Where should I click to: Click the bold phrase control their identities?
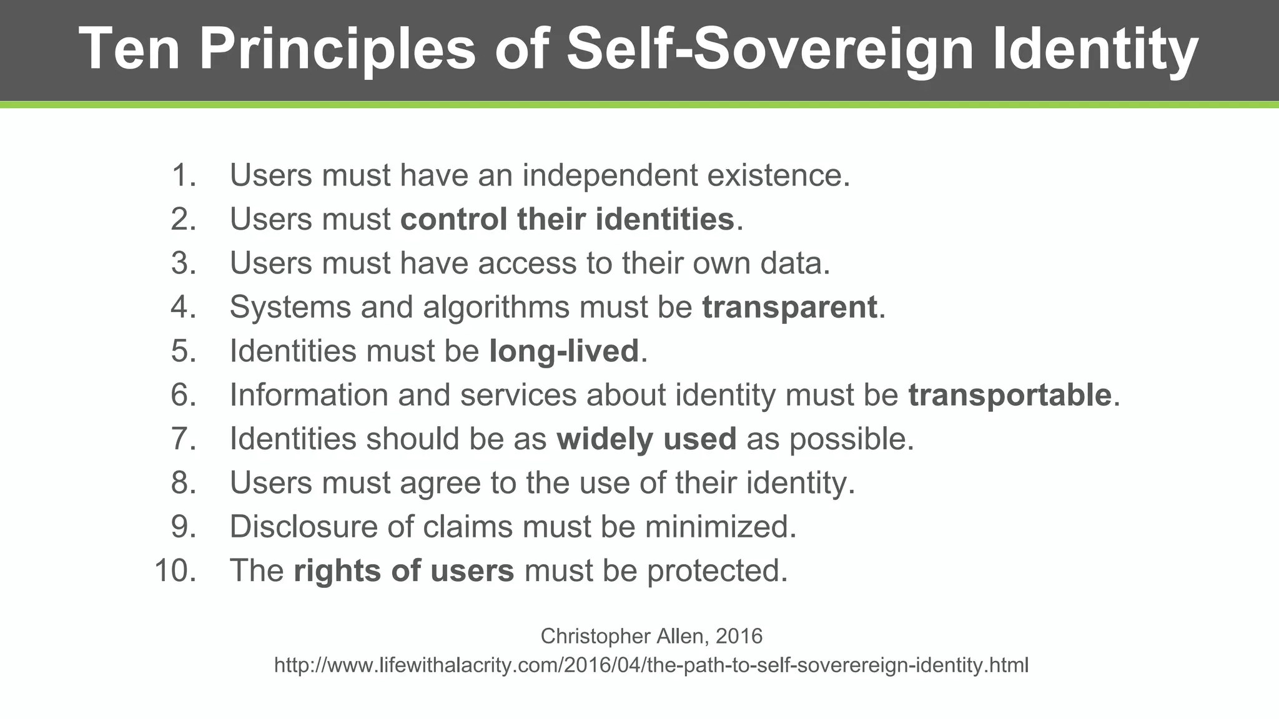click(567, 219)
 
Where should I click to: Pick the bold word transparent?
click(790, 307)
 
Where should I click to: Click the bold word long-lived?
click(564, 351)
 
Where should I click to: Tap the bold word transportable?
click(1010, 395)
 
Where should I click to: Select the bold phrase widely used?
click(646, 439)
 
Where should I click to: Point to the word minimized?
click(721, 527)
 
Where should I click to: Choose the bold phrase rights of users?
click(404, 570)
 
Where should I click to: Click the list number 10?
click(175, 570)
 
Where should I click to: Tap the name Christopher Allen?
click(624, 636)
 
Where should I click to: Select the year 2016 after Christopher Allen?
click(739, 636)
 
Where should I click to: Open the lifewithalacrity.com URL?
click(651, 665)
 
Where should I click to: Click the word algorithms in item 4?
click(496, 307)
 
